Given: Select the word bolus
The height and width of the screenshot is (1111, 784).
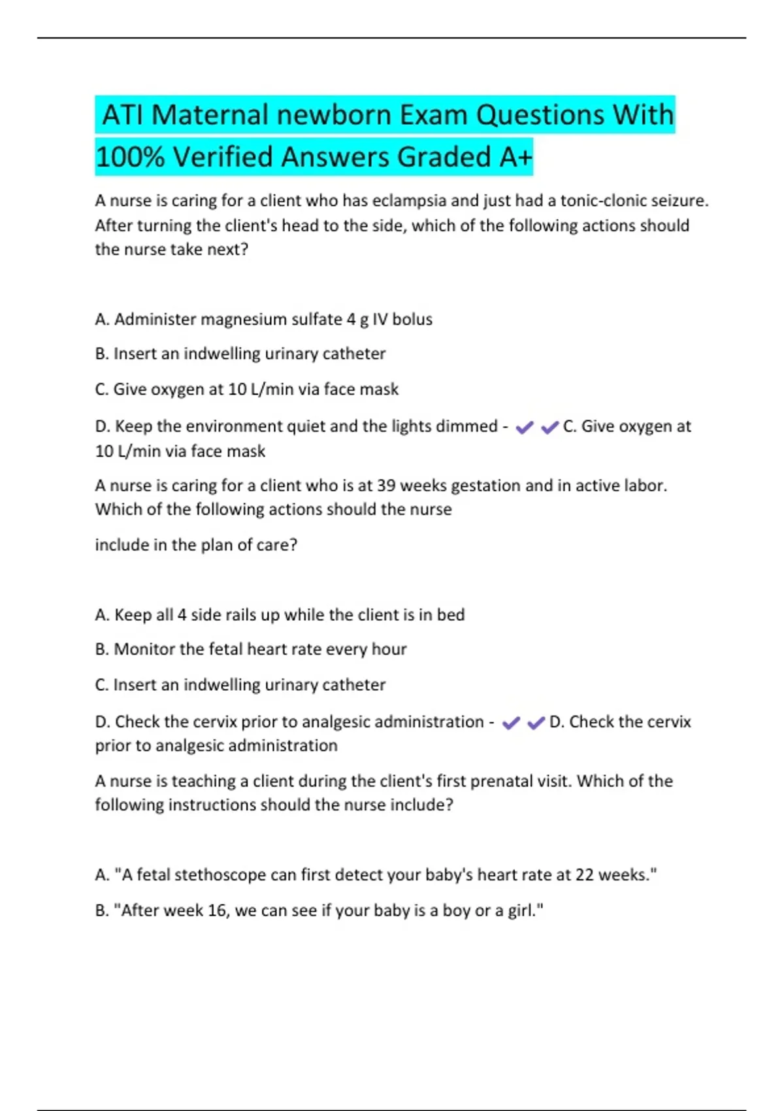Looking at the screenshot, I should (412, 320).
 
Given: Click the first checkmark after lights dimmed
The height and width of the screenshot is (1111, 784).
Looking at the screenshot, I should (525, 427).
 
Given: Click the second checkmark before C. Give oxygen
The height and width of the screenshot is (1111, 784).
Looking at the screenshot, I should (550, 427).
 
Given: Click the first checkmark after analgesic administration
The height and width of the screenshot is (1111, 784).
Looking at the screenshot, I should (511, 723).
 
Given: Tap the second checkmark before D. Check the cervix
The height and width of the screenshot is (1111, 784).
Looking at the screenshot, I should (536, 723).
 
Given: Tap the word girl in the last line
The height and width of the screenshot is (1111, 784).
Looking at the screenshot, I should (524, 910).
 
